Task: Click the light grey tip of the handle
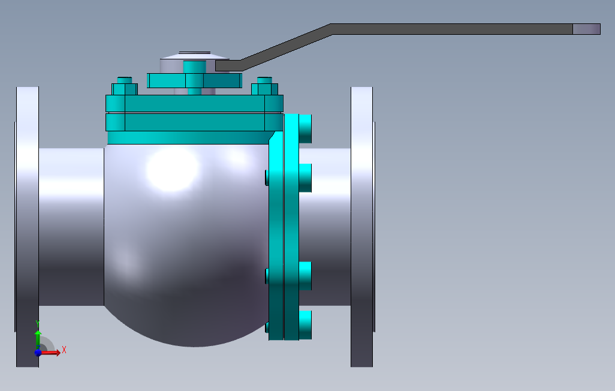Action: pyautogui.click(x=586, y=29)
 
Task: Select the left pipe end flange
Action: pyautogui.click(x=28, y=227)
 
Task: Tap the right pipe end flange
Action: pyautogui.click(x=362, y=227)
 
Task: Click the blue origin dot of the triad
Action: pyautogui.click(x=38, y=353)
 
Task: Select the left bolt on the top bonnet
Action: pyautogui.click(x=125, y=86)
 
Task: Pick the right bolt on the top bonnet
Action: pyautogui.click(x=265, y=86)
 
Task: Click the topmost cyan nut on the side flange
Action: pyautogui.click(x=306, y=129)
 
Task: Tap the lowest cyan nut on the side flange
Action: pyautogui.click(x=306, y=325)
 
